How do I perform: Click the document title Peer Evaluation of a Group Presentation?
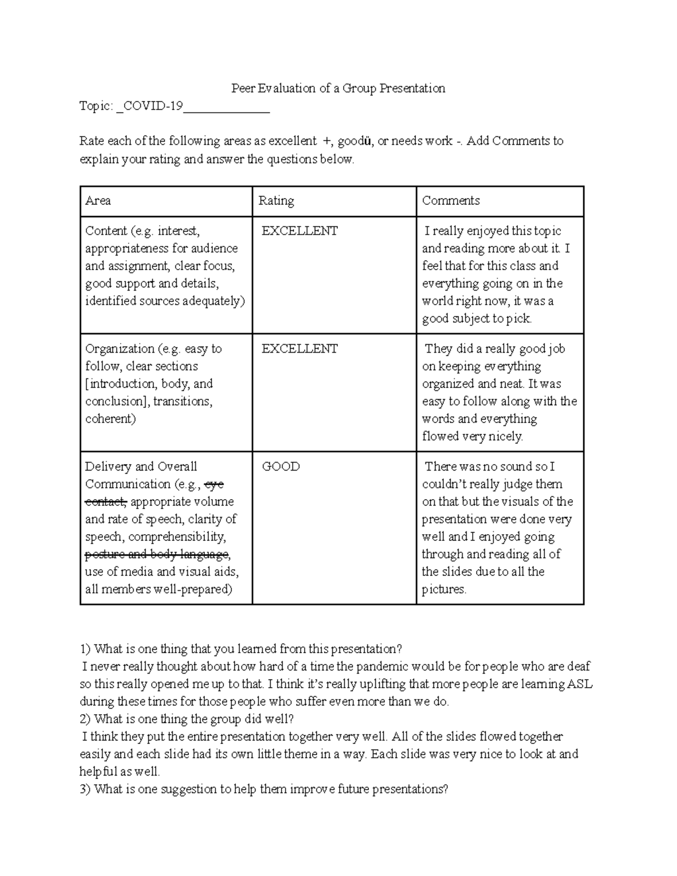pos(338,89)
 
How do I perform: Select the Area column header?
pos(98,201)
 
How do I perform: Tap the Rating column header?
pos(276,201)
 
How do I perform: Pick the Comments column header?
pos(451,201)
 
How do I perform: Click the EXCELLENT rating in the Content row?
pos(300,231)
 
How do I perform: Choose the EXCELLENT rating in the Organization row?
pos(300,349)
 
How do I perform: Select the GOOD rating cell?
pos(281,467)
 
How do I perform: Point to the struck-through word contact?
pos(106,502)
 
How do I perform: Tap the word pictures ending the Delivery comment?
pos(443,590)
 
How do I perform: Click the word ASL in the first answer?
pos(579,685)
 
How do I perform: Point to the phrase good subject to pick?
pos(477,319)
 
